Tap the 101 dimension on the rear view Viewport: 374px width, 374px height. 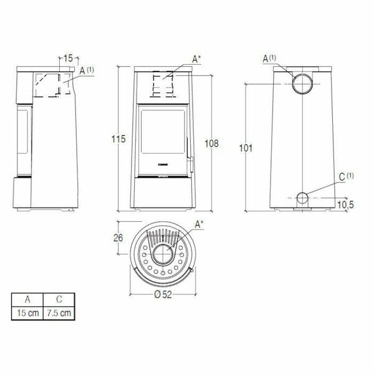pos(244,148)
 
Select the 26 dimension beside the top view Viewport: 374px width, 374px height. pos(118,237)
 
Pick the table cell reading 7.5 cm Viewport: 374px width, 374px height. pos(57,311)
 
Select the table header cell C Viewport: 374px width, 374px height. pos(57,299)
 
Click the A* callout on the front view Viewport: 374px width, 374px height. pos(196,59)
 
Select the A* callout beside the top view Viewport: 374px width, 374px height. pos(198,223)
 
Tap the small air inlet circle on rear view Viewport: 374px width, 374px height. pos(301,199)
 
